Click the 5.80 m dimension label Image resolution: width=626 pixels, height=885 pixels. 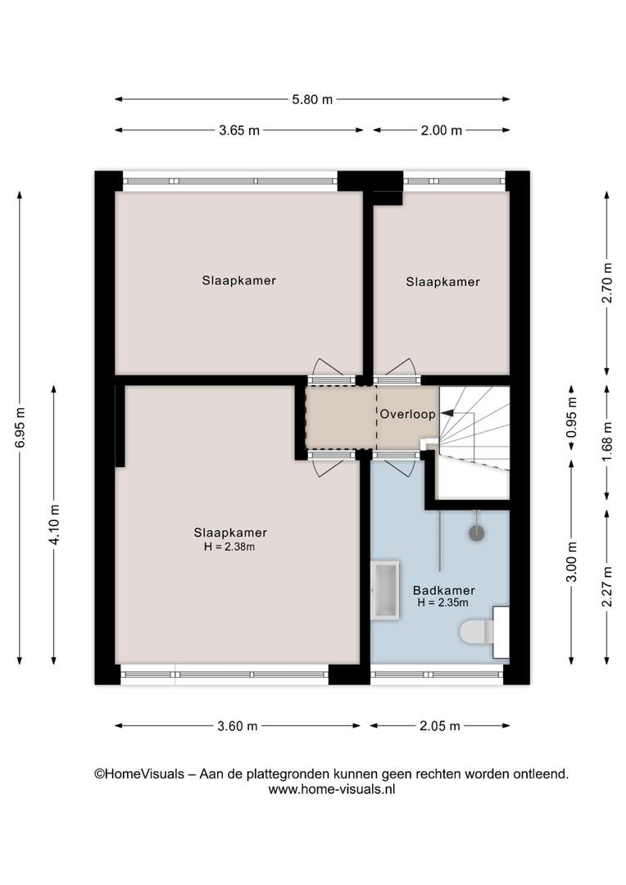(x=312, y=100)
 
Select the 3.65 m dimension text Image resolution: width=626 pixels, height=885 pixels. (x=239, y=130)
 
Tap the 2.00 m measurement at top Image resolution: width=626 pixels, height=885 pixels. (x=442, y=130)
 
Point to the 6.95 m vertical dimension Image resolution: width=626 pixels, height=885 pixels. (x=20, y=427)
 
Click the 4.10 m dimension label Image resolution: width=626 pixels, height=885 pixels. (x=54, y=524)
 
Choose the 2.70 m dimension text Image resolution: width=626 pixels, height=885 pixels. (x=607, y=283)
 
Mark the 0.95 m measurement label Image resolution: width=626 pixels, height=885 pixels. (x=572, y=417)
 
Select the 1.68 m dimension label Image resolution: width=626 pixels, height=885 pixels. (x=607, y=442)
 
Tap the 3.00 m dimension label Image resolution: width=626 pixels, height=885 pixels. (x=572, y=561)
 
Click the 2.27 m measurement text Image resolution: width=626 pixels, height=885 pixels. (x=607, y=587)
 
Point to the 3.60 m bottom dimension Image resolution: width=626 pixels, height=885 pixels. (x=238, y=726)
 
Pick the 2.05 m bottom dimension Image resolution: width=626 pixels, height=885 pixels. (x=440, y=726)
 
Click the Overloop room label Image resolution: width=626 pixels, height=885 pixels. (x=407, y=415)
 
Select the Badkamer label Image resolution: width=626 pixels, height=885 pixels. (x=443, y=590)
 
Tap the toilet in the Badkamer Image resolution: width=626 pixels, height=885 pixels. (x=484, y=632)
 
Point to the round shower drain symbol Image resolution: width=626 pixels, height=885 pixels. (x=477, y=533)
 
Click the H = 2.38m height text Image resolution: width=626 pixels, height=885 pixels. (x=229, y=547)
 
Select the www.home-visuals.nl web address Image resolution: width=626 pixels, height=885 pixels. (x=331, y=789)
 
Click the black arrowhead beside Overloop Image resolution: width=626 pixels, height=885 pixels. (x=447, y=413)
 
